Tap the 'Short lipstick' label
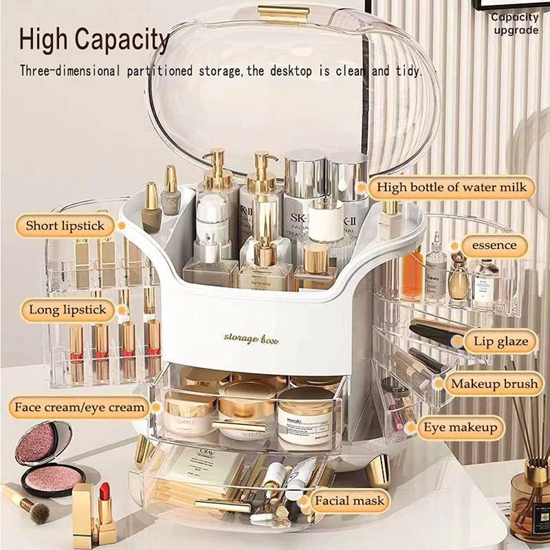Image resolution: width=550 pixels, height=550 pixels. pyautogui.click(x=65, y=225)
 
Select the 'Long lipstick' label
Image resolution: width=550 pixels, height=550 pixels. pyautogui.click(x=67, y=310)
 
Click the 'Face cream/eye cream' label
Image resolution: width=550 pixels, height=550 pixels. pyautogui.click(x=80, y=407)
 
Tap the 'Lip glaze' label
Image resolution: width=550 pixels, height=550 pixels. pyautogui.click(x=500, y=340)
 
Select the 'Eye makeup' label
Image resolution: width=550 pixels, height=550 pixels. pyautogui.click(x=460, y=428)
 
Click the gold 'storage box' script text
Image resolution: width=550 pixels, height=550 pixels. pyautogui.click(x=251, y=338)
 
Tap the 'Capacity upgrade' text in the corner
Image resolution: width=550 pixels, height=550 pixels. pyautogui.click(x=514, y=24)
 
